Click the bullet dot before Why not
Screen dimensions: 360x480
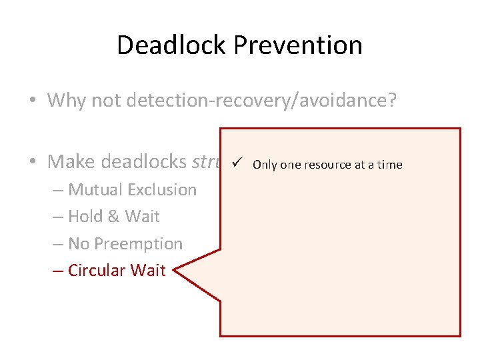coord(33,101)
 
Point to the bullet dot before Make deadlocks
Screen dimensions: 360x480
coord(33,161)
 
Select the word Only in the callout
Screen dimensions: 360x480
coord(265,165)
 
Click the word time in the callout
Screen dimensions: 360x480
coord(390,165)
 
